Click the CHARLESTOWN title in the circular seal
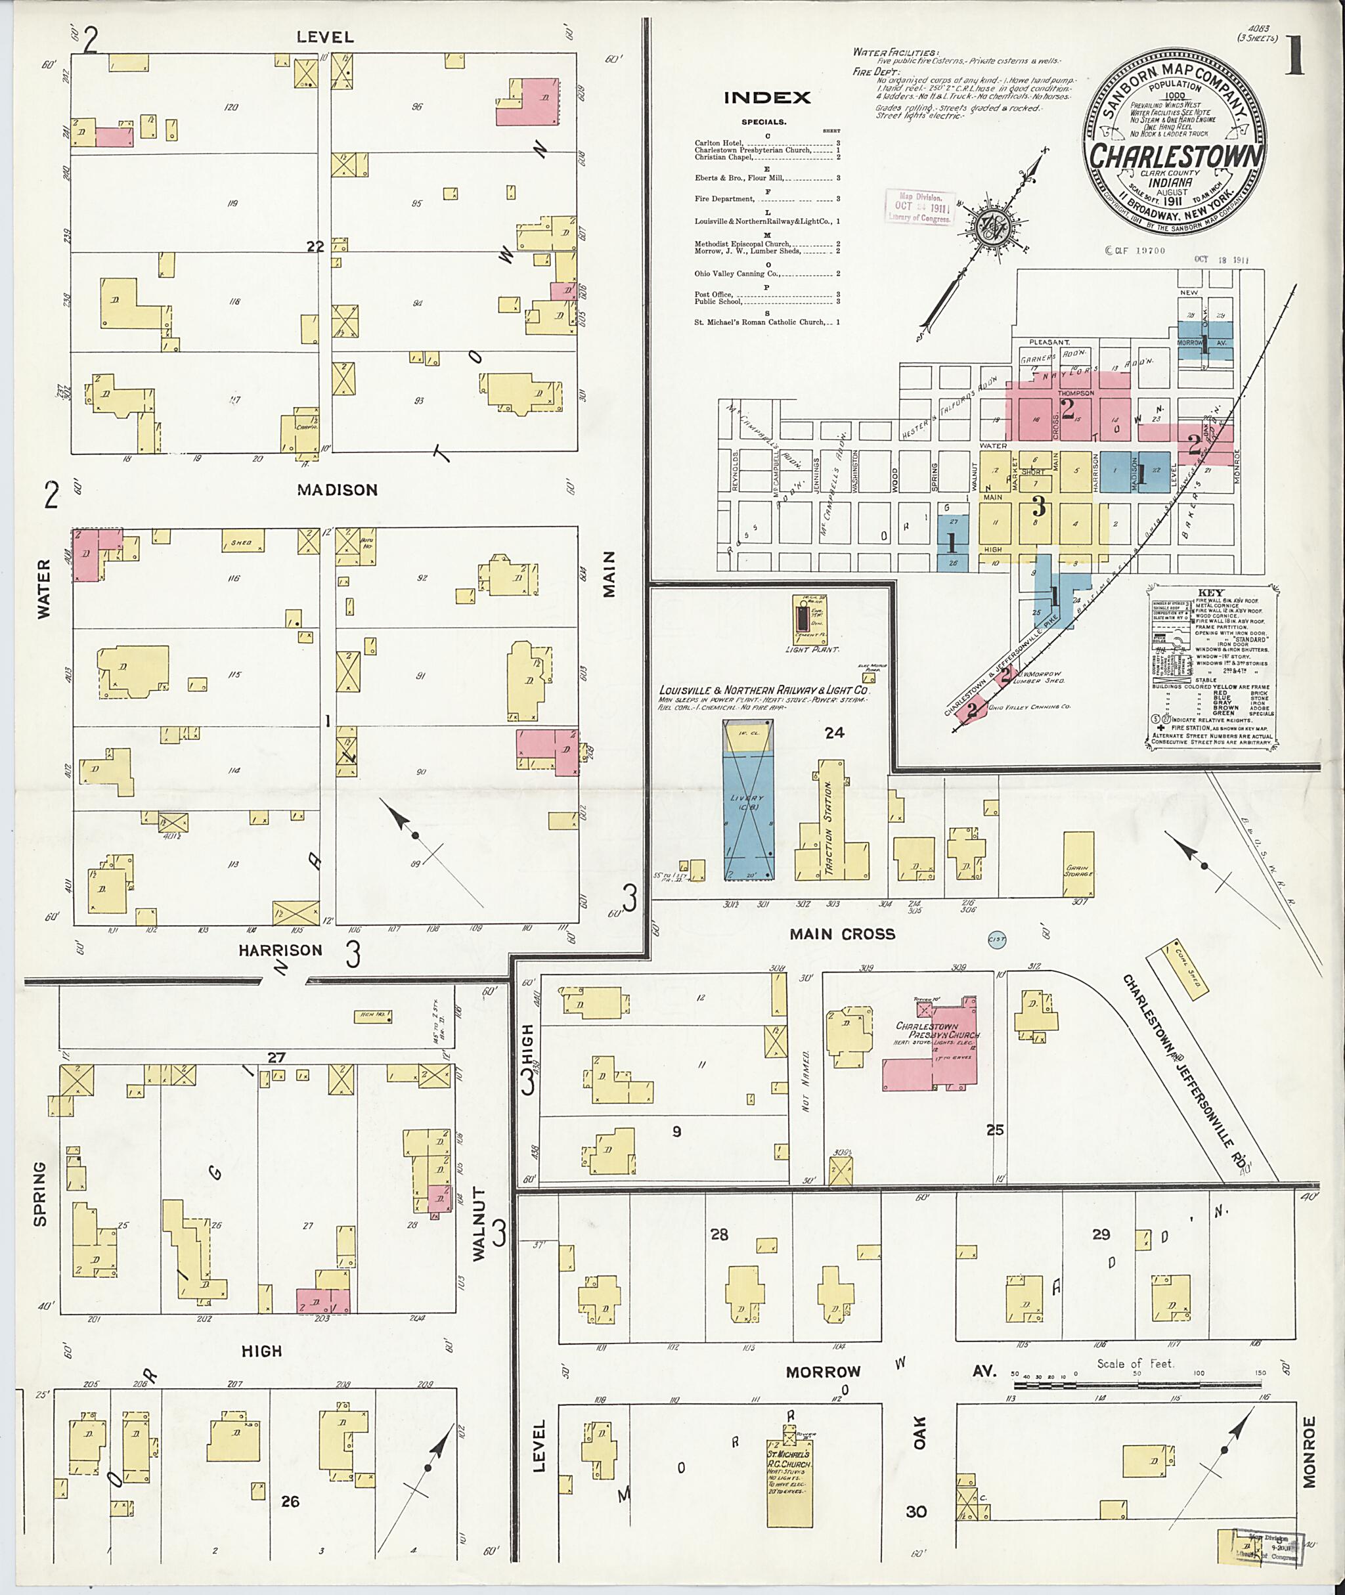pyautogui.click(x=1176, y=156)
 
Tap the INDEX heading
pyautogui.click(x=767, y=98)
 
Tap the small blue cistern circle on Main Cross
pyautogui.click(x=996, y=941)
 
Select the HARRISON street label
pyautogui.click(x=280, y=950)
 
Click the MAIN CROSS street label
pyautogui.click(x=842, y=934)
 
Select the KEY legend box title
pyautogui.click(x=1210, y=592)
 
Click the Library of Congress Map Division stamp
pyautogui.click(x=919, y=208)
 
